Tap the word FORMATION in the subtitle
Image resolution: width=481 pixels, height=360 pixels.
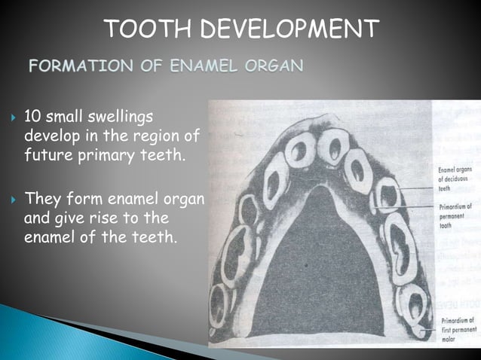tap(75, 66)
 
